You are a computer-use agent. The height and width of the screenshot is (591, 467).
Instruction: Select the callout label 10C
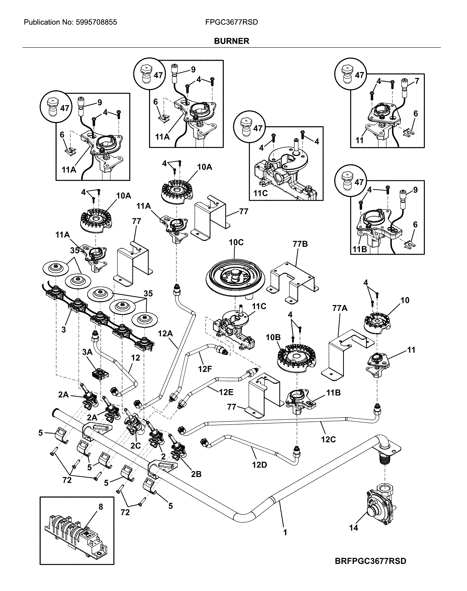pyautogui.click(x=236, y=242)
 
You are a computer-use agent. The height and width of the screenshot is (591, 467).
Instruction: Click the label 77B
pyautogui.click(x=300, y=244)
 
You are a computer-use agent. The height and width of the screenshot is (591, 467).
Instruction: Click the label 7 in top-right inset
pyautogui.click(x=417, y=81)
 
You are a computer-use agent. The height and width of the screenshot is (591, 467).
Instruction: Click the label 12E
pyautogui.click(x=226, y=392)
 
